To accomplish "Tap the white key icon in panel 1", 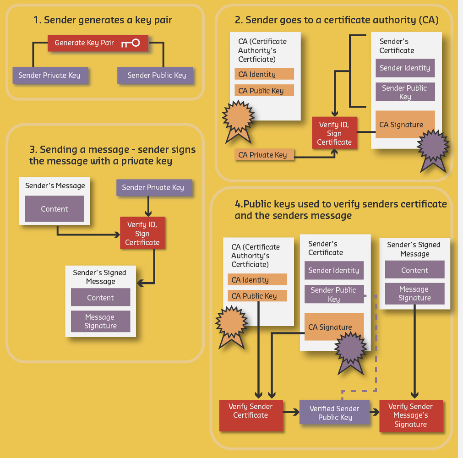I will (131, 43).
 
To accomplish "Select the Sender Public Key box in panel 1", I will (155, 75).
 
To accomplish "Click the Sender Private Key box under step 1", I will (49, 75).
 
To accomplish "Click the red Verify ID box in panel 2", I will (334, 133).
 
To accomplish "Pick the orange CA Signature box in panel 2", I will (404, 125).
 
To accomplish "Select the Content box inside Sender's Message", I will (54, 209).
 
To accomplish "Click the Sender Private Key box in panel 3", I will (153, 187).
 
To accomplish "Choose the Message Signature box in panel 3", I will (100, 322).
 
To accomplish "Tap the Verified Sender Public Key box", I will (334, 413).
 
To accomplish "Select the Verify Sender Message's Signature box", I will (411, 415).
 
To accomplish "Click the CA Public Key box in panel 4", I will (257, 296).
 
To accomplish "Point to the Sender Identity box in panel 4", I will (334, 270).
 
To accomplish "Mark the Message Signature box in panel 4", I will (414, 294).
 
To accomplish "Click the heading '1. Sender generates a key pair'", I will (103, 20).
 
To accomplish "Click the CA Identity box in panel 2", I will (264, 74).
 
